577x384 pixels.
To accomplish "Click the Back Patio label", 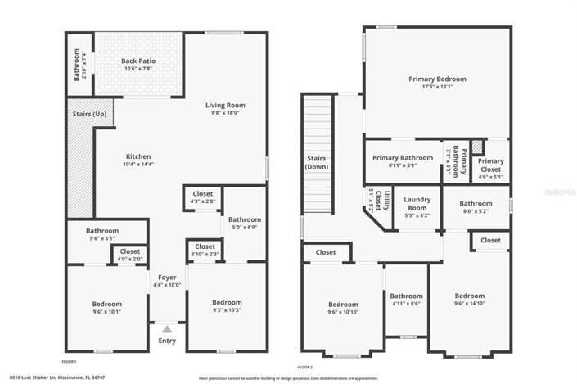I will click(x=138, y=61).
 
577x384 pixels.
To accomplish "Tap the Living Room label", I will click(x=224, y=105).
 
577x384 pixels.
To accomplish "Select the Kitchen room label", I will click(x=138, y=156).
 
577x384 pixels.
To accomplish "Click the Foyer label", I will click(x=167, y=277).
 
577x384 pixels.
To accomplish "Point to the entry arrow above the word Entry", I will click(x=167, y=329).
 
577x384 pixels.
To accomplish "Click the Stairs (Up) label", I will click(x=89, y=113).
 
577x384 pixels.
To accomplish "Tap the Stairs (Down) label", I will click(x=317, y=162).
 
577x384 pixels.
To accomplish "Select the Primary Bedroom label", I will click(x=437, y=79).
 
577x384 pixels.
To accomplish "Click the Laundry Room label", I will click(x=417, y=204).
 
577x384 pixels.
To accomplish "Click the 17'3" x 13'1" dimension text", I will click(x=437, y=87).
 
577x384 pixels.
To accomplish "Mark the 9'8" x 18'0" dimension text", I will click(x=224, y=113).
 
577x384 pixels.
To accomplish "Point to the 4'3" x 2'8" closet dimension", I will click(x=203, y=201).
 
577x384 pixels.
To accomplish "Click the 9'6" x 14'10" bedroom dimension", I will click(x=469, y=304).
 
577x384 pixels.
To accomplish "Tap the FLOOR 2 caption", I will click(x=304, y=368).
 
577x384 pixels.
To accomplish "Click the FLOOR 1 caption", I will click(x=70, y=361).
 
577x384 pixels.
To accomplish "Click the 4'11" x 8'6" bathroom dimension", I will click(x=406, y=304).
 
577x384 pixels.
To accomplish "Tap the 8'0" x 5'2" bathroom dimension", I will click(x=475, y=211).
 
